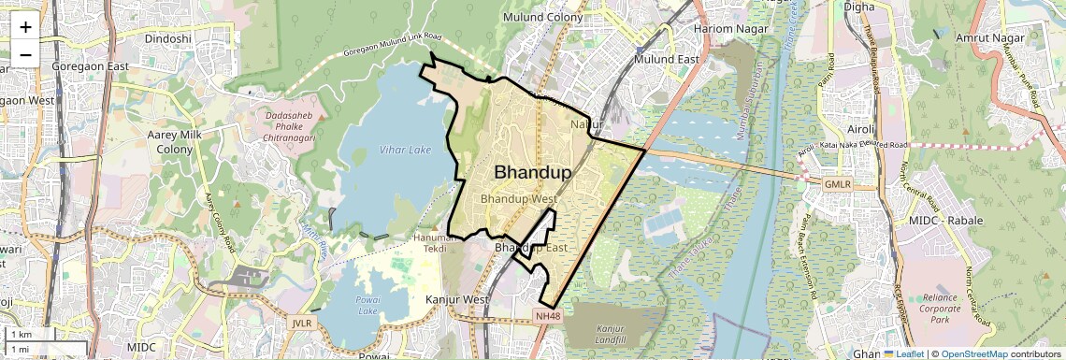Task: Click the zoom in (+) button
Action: point(25,27)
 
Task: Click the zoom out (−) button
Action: point(25,53)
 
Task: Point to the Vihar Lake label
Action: point(406,150)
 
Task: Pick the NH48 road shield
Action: point(548,317)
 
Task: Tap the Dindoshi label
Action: point(168,38)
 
